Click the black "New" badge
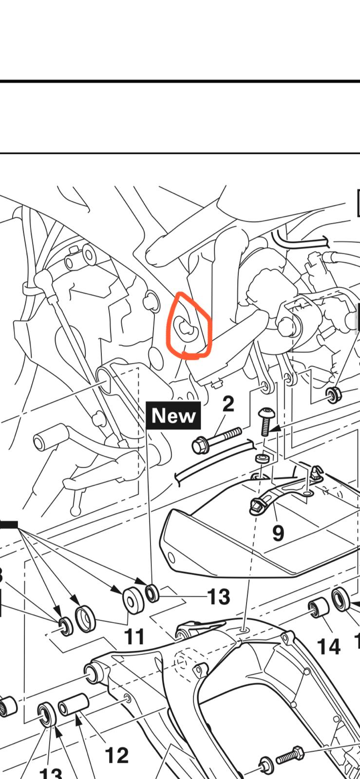[x=173, y=415]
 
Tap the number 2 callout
[x=228, y=404]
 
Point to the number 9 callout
[x=278, y=533]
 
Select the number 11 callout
[x=134, y=636]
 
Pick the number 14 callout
[x=328, y=646]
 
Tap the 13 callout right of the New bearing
[x=218, y=596]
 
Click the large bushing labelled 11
[x=133, y=600]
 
